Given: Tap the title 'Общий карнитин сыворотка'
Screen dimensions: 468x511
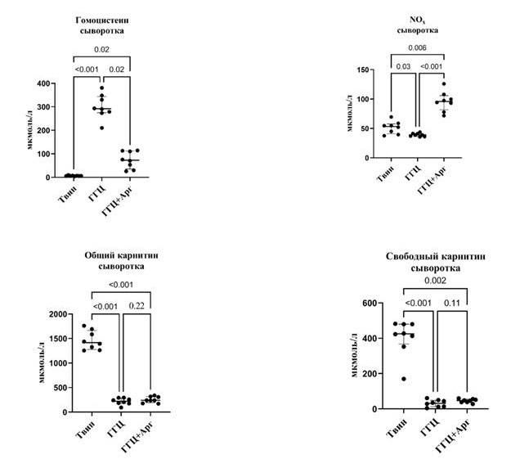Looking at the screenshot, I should pyautogui.click(x=121, y=260).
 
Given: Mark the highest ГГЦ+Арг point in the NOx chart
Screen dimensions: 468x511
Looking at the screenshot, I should pyautogui.click(x=444, y=84).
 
